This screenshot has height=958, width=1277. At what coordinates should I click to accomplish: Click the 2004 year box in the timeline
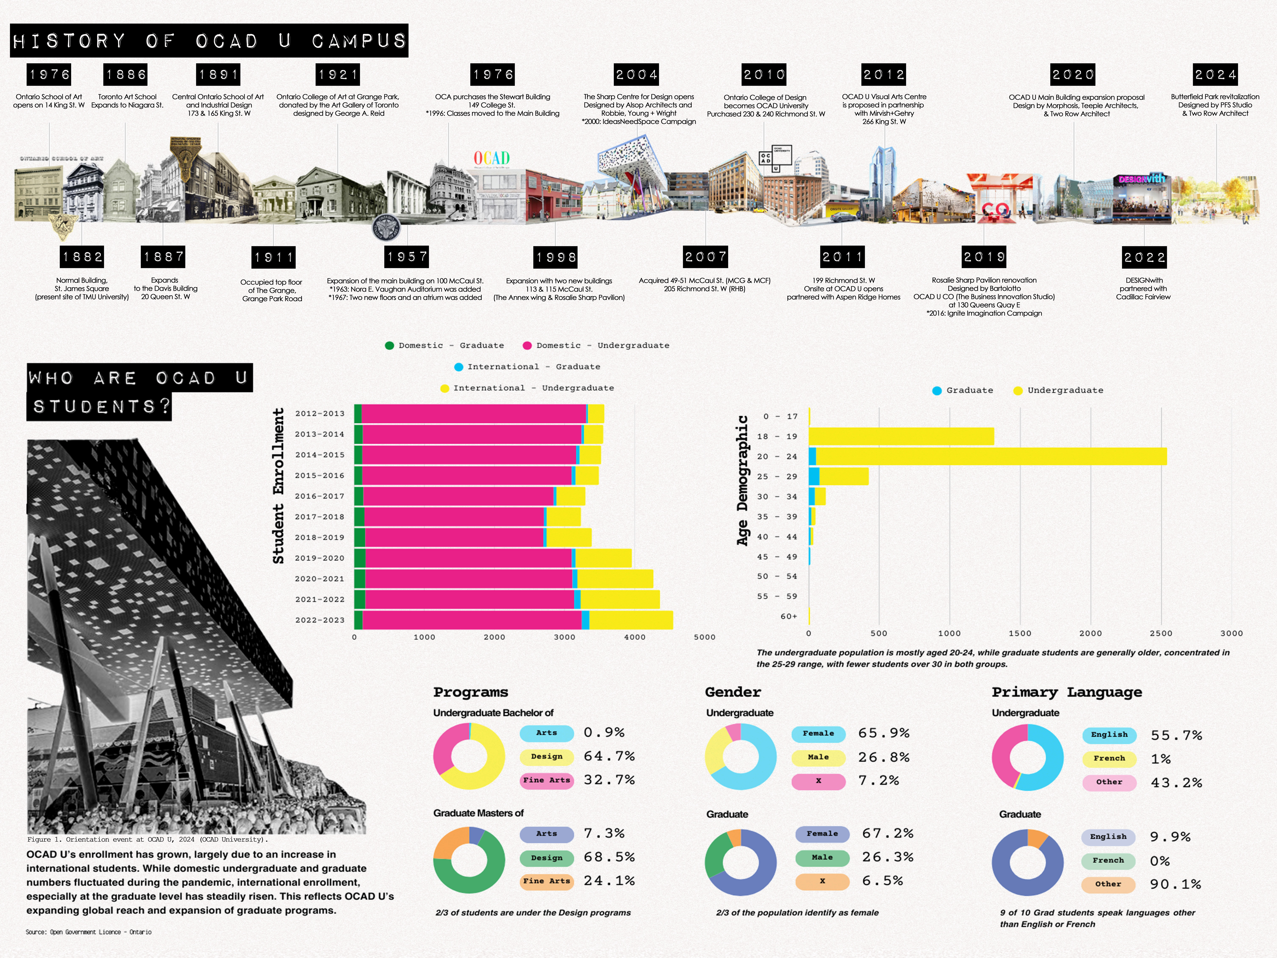click(x=636, y=75)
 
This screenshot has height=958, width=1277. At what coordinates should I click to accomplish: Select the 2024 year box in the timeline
click(x=1215, y=75)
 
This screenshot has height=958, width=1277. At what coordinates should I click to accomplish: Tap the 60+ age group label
click(x=789, y=616)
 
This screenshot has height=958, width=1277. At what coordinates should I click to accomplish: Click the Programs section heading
click(x=471, y=692)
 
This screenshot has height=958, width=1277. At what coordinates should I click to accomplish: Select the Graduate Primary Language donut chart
click(x=1027, y=862)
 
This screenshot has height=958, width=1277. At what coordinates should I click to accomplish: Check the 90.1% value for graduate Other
click(x=1175, y=884)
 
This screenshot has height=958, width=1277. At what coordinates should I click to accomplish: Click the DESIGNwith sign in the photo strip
click(x=1141, y=179)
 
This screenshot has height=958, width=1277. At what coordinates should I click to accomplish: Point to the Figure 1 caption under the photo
click(x=147, y=840)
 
